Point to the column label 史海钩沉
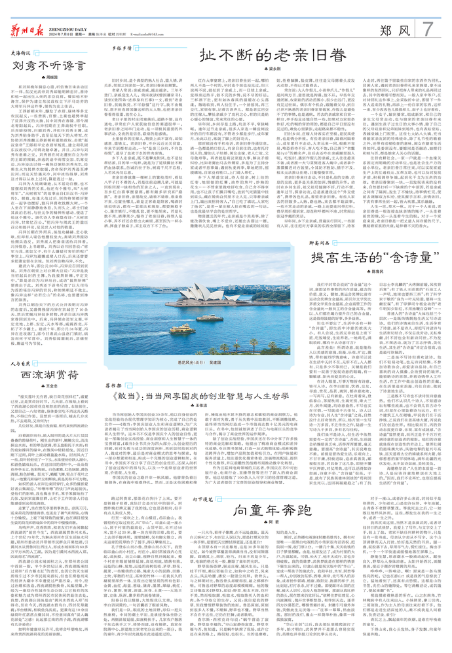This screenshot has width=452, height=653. (22, 54)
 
